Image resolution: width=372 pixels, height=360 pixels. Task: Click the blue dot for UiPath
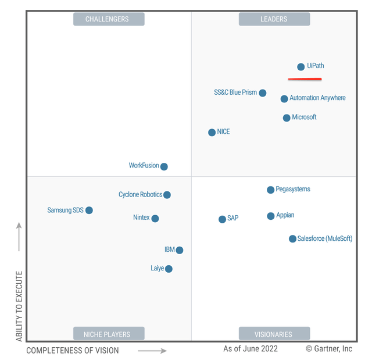pyautogui.click(x=301, y=67)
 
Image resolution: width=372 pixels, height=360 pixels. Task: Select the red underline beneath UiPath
pyautogui.click(x=305, y=79)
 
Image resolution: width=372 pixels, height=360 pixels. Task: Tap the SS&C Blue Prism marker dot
pyautogui.click(x=263, y=93)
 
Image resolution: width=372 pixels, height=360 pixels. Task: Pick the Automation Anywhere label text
pyautogui.click(x=317, y=98)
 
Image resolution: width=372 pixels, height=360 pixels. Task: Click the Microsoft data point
pyautogui.click(x=287, y=118)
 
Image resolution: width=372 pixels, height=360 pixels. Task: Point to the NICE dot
pyautogui.click(x=212, y=133)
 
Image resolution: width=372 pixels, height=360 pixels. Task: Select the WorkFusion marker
pyautogui.click(x=164, y=166)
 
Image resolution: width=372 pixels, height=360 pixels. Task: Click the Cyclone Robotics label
pyautogui.click(x=140, y=195)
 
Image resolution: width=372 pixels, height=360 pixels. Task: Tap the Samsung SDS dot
pyautogui.click(x=89, y=211)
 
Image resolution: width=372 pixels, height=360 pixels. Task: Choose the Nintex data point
pyautogui.click(x=155, y=219)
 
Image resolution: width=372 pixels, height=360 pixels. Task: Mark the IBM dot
pyautogui.click(x=180, y=250)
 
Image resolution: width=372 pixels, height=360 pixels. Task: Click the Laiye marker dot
pyautogui.click(x=169, y=269)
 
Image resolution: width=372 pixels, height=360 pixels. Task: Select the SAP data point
pyautogui.click(x=222, y=219)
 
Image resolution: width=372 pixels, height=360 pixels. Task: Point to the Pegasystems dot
pyautogui.click(x=270, y=190)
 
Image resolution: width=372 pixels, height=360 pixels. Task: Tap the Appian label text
pyautogui.click(x=285, y=215)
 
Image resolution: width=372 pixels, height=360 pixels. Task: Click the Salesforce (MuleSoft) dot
pyautogui.click(x=292, y=239)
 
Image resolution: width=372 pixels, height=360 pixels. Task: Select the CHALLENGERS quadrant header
pyautogui.click(x=108, y=19)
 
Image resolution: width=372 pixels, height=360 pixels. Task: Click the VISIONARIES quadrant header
pyautogui.click(x=274, y=334)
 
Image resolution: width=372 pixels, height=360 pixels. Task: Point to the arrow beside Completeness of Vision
pyautogui.click(x=152, y=351)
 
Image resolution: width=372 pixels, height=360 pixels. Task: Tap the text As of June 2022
pyautogui.click(x=251, y=349)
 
